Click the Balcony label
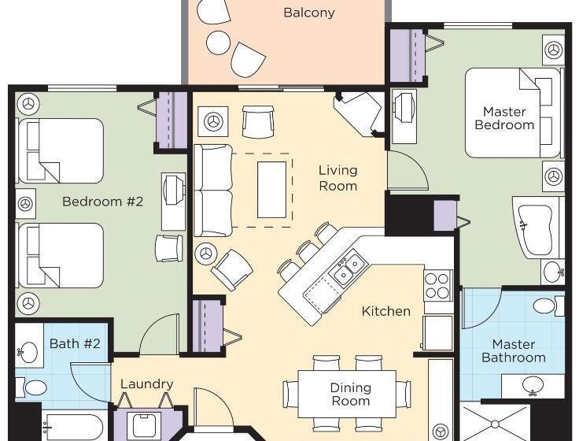(309, 13)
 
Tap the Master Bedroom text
(504, 118)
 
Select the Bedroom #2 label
(102, 202)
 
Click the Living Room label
(337, 178)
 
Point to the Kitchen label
(386, 311)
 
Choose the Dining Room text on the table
(350, 394)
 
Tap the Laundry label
(147, 384)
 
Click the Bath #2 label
(75, 343)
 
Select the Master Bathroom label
(514, 350)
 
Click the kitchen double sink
(349, 269)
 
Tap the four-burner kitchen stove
(438, 286)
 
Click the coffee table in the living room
(271, 190)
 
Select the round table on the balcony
(218, 43)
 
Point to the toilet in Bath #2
(31, 387)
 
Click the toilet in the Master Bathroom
(549, 306)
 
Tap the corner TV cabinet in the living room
(359, 114)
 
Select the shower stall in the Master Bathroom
(496, 423)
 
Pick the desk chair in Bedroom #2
(169, 248)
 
